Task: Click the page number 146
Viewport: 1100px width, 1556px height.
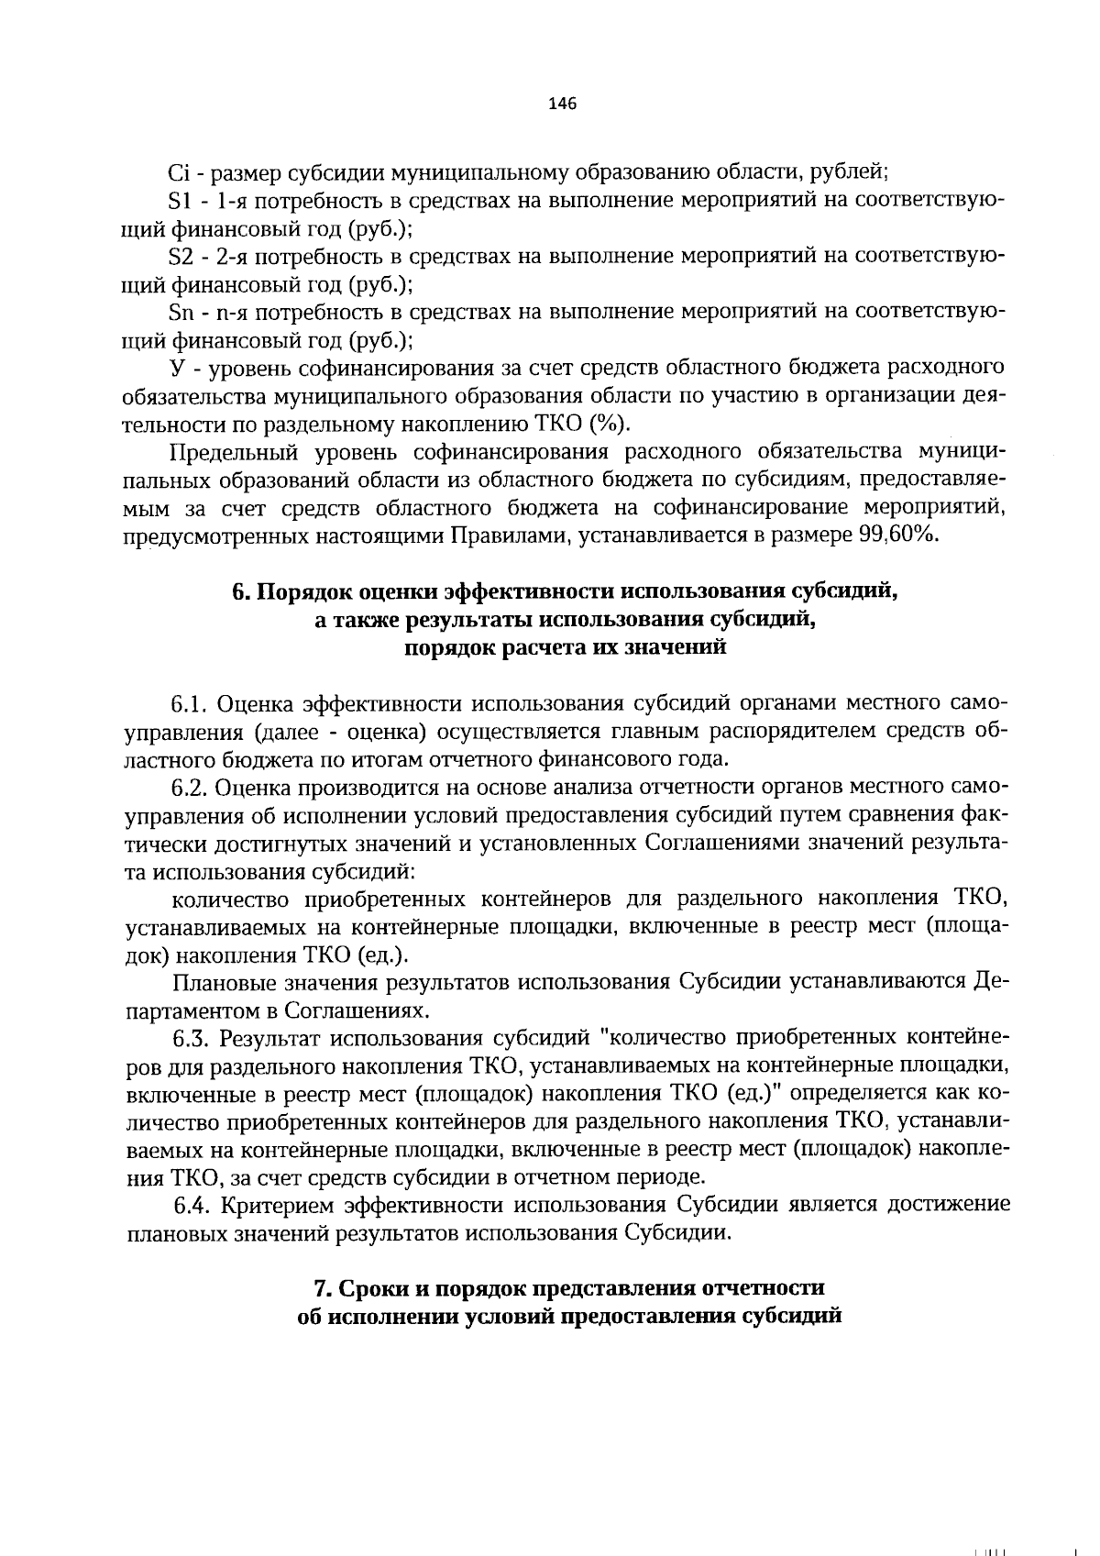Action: (561, 104)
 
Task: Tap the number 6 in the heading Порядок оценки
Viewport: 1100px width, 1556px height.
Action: (237, 591)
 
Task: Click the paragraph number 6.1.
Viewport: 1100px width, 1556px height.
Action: (190, 703)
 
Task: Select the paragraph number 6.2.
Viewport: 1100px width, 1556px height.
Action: (191, 788)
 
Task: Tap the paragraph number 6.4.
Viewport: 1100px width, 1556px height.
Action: (192, 1204)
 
